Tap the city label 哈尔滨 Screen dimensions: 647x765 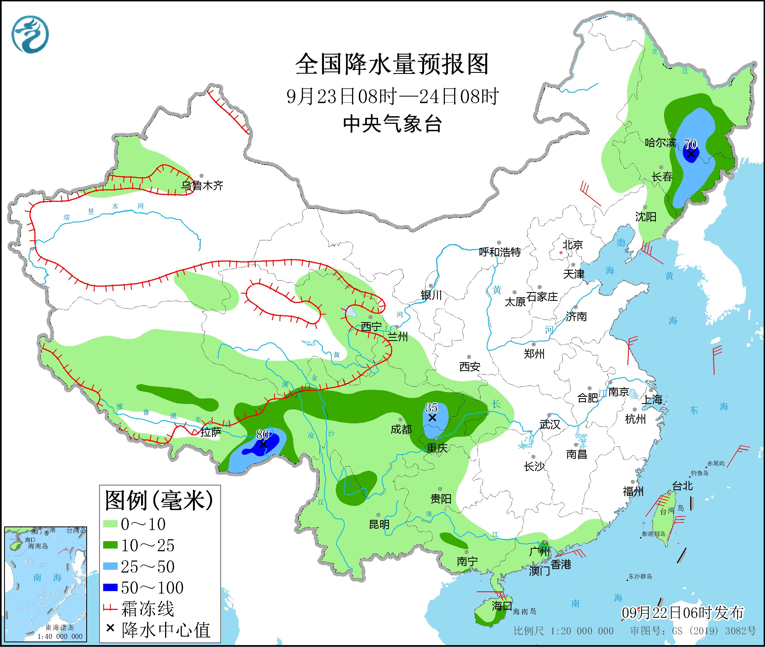(x=660, y=143)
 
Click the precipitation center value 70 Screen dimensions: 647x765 (x=690, y=144)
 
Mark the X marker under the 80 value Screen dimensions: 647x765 (x=263, y=444)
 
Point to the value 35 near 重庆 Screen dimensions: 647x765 (x=431, y=408)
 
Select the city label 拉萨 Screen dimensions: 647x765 (x=211, y=432)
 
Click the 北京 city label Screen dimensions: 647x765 (x=573, y=245)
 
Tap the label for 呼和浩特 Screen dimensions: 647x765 (x=500, y=252)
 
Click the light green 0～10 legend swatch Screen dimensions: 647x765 (x=111, y=524)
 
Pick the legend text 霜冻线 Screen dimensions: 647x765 (x=147, y=609)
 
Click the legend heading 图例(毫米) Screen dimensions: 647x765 (x=159, y=501)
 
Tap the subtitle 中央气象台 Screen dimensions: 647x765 (x=392, y=124)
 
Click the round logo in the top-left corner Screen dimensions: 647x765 (x=30, y=34)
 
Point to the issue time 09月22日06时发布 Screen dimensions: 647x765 (x=683, y=613)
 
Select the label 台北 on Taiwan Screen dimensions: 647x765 (x=682, y=486)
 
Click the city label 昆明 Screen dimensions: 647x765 (x=379, y=525)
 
